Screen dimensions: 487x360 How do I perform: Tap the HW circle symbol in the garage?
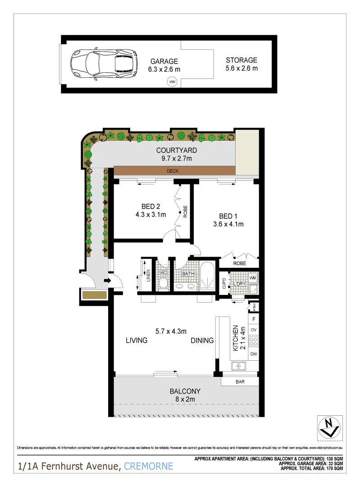click(x=172, y=82)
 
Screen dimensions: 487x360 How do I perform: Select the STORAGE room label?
click(x=242, y=60)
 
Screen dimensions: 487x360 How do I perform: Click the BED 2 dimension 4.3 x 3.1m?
click(x=151, y=215)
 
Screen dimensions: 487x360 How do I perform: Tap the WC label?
click(x=163, y=273)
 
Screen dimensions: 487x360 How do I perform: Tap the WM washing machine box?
click(x=253, y=277)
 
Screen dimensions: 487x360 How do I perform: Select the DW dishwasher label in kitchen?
click(x=253, y=354)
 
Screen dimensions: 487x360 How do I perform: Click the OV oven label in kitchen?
click(x=253, y=330)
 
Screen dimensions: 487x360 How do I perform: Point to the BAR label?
click(x=240, y=381)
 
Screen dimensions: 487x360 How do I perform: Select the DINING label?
click(x=201, y=340)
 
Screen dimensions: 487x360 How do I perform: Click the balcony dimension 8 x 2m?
click(x=185, y=399)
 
